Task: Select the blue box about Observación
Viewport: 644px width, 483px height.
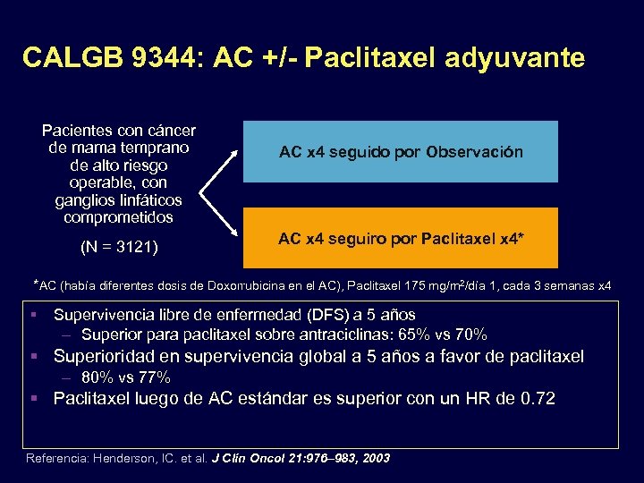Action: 401,152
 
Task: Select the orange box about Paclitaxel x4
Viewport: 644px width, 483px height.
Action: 401,238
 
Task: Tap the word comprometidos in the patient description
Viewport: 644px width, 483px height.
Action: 120,216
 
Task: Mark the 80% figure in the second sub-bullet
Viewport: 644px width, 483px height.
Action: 97,377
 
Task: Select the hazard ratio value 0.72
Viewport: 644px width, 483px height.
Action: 538,398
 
